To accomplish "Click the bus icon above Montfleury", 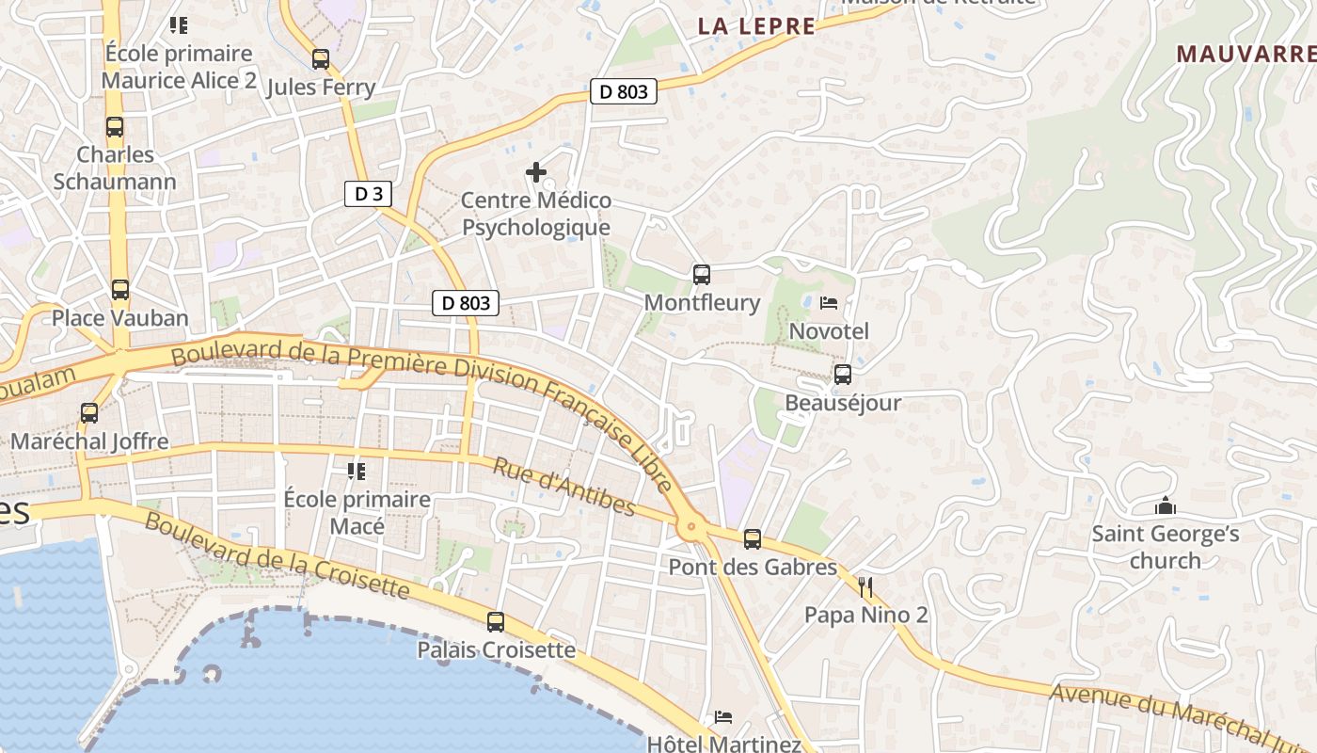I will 702,275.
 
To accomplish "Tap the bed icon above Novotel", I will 829,303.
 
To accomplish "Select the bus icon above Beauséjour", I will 843,375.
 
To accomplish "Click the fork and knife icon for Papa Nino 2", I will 865,588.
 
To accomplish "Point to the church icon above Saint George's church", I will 1166,506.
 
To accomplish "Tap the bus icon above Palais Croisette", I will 496,622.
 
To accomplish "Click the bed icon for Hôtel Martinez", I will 723,717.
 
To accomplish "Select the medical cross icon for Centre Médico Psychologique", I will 536,172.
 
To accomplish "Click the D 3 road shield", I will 368,195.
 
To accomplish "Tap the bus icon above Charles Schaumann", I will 115,127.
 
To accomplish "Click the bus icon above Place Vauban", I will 120,290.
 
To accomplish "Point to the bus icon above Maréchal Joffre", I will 89,413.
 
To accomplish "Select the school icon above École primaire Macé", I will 357,471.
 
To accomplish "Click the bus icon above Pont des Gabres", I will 753,539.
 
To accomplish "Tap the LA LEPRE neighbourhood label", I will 756,26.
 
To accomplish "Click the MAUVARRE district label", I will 1246,54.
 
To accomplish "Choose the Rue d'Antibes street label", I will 564,488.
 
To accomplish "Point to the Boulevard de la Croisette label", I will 277,555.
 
